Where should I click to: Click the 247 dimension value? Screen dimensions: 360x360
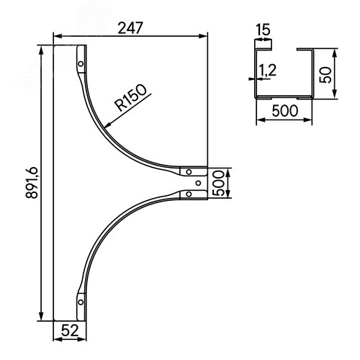[130, 28]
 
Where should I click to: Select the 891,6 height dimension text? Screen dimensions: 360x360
[32, 183]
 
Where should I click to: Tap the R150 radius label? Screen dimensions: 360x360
[130, 97]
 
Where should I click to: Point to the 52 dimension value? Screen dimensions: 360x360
[70, 330]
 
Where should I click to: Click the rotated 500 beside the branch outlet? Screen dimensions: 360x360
[218, 183]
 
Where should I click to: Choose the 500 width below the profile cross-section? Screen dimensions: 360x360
[285, 111]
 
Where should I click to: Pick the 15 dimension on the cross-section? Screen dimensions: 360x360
[263, 30]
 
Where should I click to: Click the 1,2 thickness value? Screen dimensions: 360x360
[267, 71]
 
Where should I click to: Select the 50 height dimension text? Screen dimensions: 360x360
[325, 75]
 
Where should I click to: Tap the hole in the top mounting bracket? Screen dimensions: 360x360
[81, 64]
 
